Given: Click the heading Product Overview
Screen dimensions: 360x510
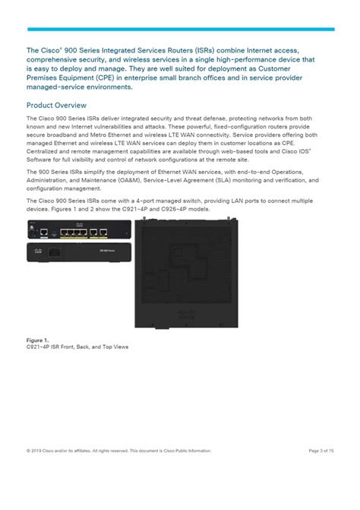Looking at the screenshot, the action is (x=56, y=105).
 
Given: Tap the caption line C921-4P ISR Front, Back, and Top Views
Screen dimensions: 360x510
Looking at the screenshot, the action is (x=75, y=348).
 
